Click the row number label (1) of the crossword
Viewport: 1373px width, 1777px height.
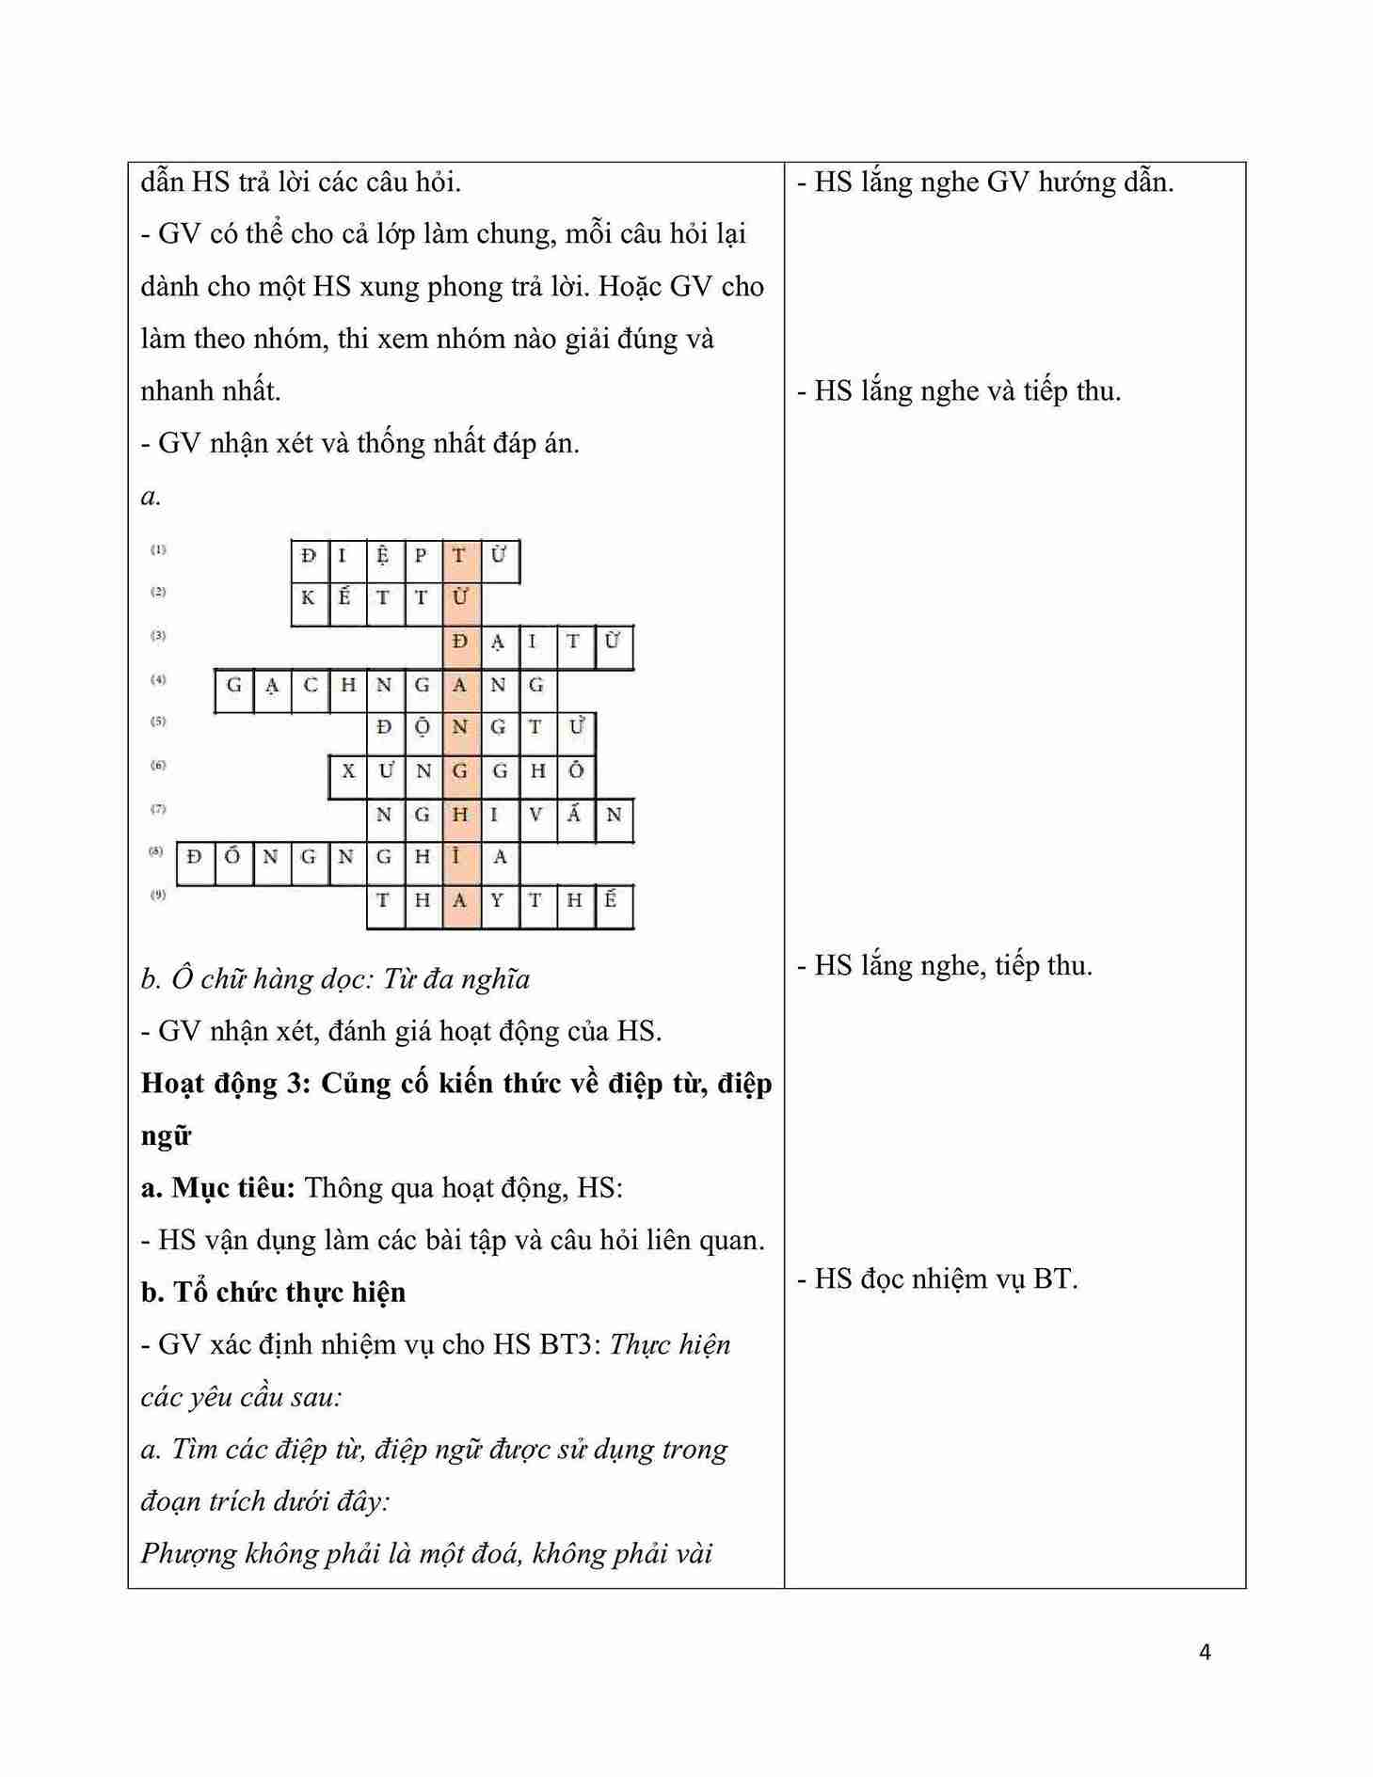[158, 549]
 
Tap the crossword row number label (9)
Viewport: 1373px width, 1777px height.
[158, 895]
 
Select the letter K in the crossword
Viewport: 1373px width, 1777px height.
[308, 597]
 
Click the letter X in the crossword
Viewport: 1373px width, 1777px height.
[347, 771]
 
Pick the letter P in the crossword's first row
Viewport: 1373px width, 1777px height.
[422, 555]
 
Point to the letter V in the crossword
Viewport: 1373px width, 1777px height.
[535, 815]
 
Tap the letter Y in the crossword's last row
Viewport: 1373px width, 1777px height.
[498, 900]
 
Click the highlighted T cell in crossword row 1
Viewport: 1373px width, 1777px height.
[459, 555]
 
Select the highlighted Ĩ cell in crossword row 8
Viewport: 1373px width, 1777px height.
[459, 857]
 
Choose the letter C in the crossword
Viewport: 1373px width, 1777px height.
[310, 685]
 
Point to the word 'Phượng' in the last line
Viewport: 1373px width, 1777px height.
[188, 1553]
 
